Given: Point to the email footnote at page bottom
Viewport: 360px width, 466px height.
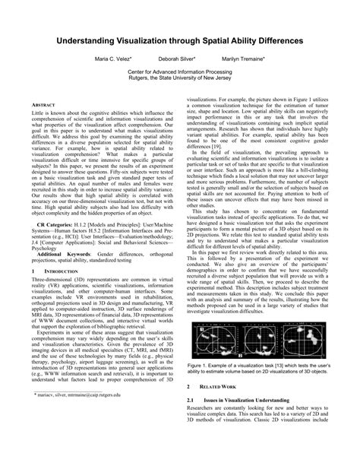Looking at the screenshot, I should (x=78, y=438).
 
